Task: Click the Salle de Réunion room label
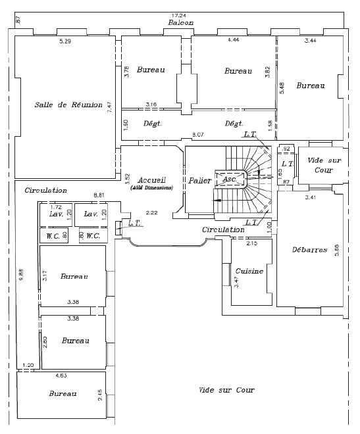(x=68, y=105)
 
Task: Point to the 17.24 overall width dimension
(x=178, y=15)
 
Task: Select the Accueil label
(x=151, y=180)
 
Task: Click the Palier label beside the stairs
(x=199, y=180)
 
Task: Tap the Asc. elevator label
(x=230, y=179)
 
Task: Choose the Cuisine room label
(x=249, y=271)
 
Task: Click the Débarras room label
(x=309, y=250)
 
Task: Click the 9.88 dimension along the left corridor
(x=20, y=276)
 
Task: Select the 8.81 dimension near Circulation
(x=99, y=195)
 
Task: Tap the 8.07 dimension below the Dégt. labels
(x=197, y=135)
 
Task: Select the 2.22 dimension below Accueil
(x=151, y=212)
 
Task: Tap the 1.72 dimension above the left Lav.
(x=56, y=206)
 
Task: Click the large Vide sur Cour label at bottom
(x=226, y=390)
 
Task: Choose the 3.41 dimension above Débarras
(x=311, y=197)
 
